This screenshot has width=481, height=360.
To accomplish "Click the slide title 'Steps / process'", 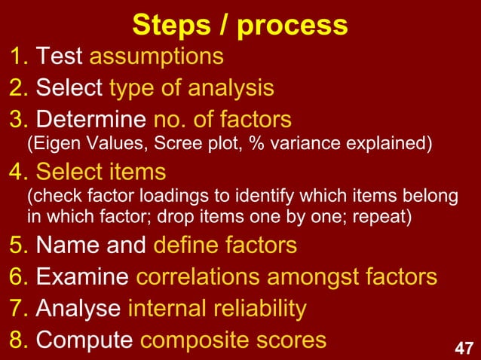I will point(240,25).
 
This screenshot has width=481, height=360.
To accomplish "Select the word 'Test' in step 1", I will point(60,56).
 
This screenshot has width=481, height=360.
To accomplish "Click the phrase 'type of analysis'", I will point(191,89).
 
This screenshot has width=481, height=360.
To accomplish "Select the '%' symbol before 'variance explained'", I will point(264,143).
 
